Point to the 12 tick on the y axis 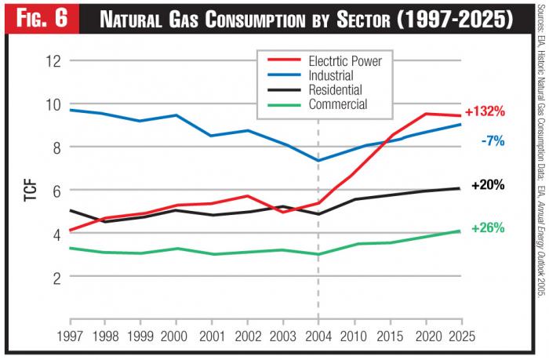[x=53, y=60]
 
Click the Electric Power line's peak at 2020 [x=424, y=114]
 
